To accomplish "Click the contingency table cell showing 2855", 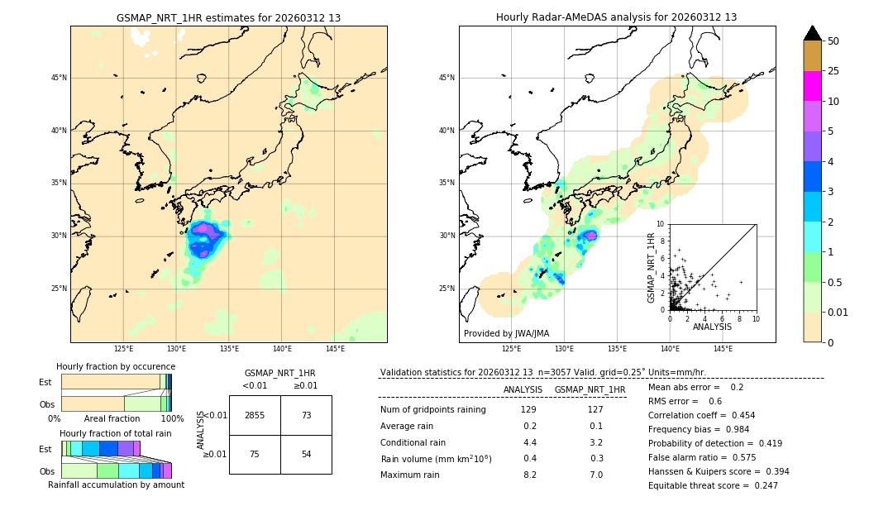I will [x=255, y=415].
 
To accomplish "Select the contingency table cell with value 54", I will [x=306, y=454].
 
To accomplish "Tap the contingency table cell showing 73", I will [x=306, y=415].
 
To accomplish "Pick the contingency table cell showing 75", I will [x=255, y=454].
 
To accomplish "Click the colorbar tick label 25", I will [x=833, y=71].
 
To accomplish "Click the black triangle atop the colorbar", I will [x=813, y=33].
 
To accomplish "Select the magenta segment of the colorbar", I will [x=813, y=86].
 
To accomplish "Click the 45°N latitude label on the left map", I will [x=59, y=78].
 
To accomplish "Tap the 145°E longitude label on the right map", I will [x=723, y=350].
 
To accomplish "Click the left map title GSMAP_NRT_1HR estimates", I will [x=228, y=18].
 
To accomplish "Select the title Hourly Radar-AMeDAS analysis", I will [x=617, y=18].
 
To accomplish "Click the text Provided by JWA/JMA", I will [x=506, y=334].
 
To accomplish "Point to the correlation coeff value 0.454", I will [x=738, y=415].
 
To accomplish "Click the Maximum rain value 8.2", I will [x=529, y=475].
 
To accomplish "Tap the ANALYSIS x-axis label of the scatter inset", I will [x=712, y=327].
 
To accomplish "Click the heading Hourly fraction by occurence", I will [x=116, y=366].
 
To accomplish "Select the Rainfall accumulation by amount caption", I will [x=116, y=485].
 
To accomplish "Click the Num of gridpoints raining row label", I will [x=433, y=410].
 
